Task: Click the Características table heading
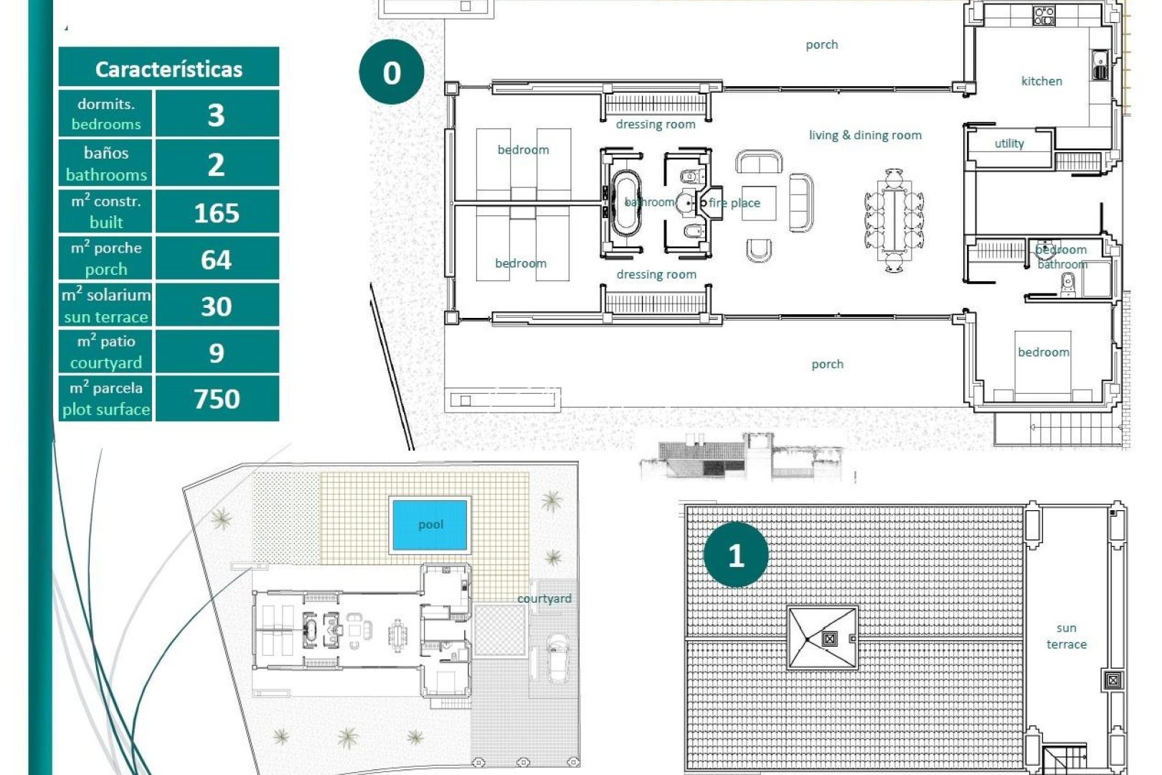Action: [x=169, y=69]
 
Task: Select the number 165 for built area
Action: [x=216, y=212]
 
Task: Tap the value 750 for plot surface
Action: [x=216, y=398]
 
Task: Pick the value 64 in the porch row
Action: [x=216, y=259]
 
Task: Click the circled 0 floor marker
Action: [x=391, y=72]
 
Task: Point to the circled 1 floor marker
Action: [x=735, y=555]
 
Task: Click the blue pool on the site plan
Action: [x=430, y=525]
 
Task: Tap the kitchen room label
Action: [x=1041, y=81]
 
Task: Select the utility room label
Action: [x=1009, y=144]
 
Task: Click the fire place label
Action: [x=734, y=203]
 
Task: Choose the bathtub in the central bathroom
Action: [x=625, y=203]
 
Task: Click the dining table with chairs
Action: [x=894, y=220]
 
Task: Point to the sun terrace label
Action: [x=1066, y=637]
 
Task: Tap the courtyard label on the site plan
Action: [x=544, y=598]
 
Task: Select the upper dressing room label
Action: [x=656, y=124]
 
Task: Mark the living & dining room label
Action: [x=865, y=135]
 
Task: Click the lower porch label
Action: [x=827, y=364]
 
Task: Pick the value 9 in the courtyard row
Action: [x=216, y=352]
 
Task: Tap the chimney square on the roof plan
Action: [x=829, y=638]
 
